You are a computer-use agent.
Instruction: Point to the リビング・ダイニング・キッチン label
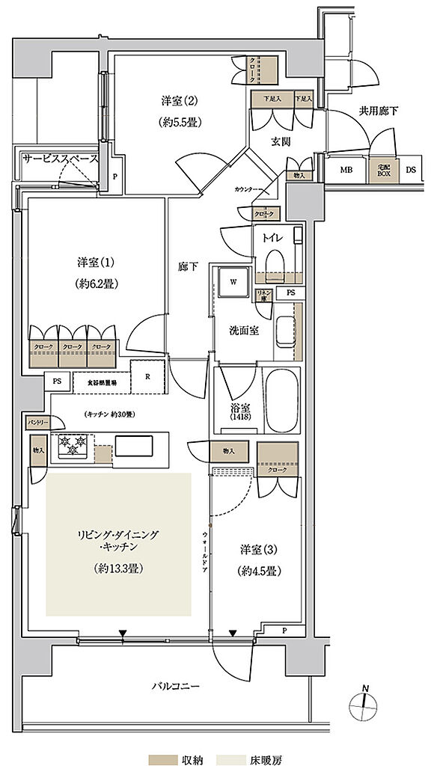tap(120, 536)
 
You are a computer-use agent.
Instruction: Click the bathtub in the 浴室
tap(283, 400)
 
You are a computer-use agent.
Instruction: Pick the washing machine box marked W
tap(233, 285)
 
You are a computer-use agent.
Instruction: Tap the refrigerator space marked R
tap(148, 377)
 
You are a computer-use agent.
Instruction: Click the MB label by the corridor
tap(346, 170)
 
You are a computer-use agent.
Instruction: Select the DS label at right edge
tap(410, 170)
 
